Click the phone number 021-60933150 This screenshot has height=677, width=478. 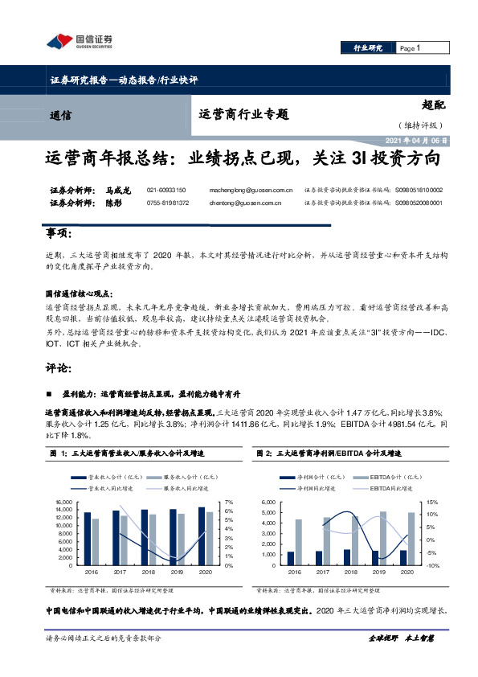pos(166,190)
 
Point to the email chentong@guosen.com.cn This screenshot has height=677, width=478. pos(250,203)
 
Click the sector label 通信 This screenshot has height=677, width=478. pos(61,115)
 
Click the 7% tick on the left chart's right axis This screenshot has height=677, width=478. pos(229,503)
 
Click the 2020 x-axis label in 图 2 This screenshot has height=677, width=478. pos(407,572)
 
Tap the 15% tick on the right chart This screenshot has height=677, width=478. pos(431,503)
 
